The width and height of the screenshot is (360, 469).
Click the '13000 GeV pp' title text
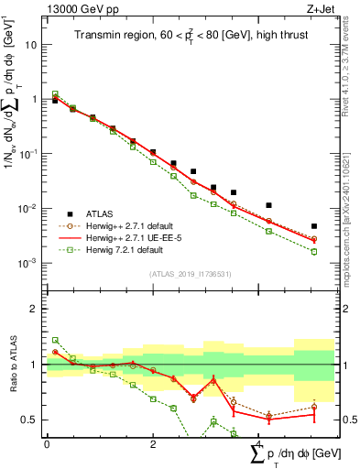pos(78,8)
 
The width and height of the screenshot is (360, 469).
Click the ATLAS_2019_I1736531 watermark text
pos(191,274)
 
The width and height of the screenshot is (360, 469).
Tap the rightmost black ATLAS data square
pos(314,226)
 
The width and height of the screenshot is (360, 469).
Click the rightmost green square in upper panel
pos(314,251)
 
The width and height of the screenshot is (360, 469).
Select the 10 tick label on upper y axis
pos(31,44)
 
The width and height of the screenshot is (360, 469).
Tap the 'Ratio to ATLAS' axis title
pos(12,365)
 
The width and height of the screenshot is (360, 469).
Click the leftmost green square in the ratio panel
pos(55,340)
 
